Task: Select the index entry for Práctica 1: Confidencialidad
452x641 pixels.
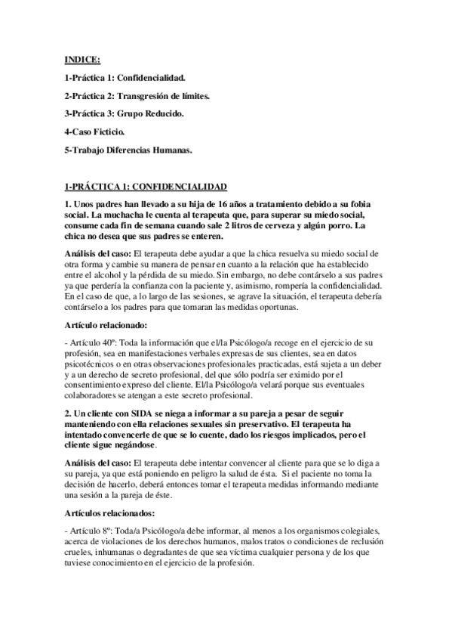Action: [x=125, y=77]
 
